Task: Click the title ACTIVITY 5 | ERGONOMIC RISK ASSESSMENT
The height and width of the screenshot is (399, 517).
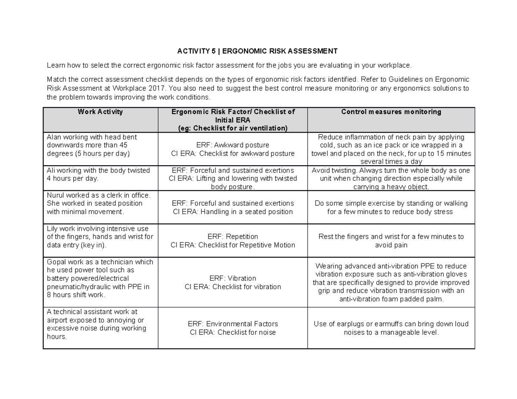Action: [x=257, y=51]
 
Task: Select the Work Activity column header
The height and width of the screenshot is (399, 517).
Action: [x=100, y=112]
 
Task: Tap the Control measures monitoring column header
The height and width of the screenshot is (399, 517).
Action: [x=391, y=112]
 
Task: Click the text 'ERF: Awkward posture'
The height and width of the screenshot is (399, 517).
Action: [x=233, y=145]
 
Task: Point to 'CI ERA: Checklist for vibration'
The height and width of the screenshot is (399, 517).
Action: [x=233, y=287]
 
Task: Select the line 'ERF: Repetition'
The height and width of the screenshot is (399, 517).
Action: [x=233, y=237]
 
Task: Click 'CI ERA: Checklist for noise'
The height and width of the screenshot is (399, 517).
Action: [x=233, y=332]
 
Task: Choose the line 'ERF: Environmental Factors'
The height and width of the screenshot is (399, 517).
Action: [x=233, y=324]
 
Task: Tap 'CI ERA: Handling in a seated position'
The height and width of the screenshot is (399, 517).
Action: [x=233, y=212]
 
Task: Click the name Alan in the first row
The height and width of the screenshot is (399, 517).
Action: [x=54, y=137]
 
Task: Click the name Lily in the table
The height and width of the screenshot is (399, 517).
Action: [x=53, y=228]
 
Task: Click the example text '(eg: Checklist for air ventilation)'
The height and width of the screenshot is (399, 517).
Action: [x=233, y=128]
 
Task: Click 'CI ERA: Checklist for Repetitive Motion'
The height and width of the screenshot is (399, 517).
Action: [x=233, y=245]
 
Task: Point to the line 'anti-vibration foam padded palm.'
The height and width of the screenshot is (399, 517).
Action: [x=391, y=299]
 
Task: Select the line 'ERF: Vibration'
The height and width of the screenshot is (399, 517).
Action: [x=233, y=278]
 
